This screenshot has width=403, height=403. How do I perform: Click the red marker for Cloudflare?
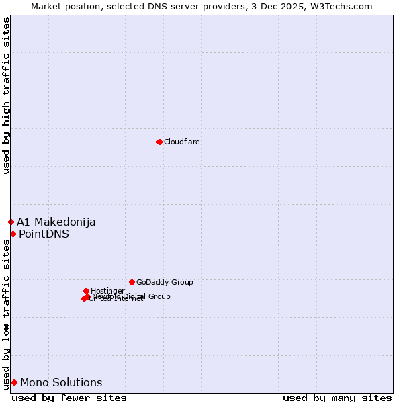pos(159,142)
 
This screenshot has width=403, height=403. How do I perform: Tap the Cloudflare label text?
pos(182,142)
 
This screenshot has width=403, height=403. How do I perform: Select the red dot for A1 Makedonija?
pos(11,222)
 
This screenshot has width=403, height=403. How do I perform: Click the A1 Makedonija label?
pos(56,222)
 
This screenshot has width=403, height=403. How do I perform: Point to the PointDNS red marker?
pos(13,234)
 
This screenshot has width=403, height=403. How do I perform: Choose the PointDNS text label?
pos(44,234)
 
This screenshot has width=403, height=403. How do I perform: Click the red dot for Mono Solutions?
pos(14,382)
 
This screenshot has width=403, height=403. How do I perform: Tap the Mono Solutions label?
pos(61,383)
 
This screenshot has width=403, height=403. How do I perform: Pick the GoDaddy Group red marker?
pos(132,282)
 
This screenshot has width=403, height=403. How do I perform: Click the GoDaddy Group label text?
pos(165,282)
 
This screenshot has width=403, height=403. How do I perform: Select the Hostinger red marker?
pos(86,291)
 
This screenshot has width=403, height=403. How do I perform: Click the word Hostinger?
pos(107,291)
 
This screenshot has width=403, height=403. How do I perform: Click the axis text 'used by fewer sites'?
pos(69,398)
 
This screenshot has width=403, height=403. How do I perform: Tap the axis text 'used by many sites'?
pos(337,398)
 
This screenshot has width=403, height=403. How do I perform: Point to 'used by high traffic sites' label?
pos(6,95)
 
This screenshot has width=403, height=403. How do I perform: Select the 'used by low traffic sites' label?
pos(6,314)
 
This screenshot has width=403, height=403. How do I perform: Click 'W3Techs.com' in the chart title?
pos(345,6)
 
